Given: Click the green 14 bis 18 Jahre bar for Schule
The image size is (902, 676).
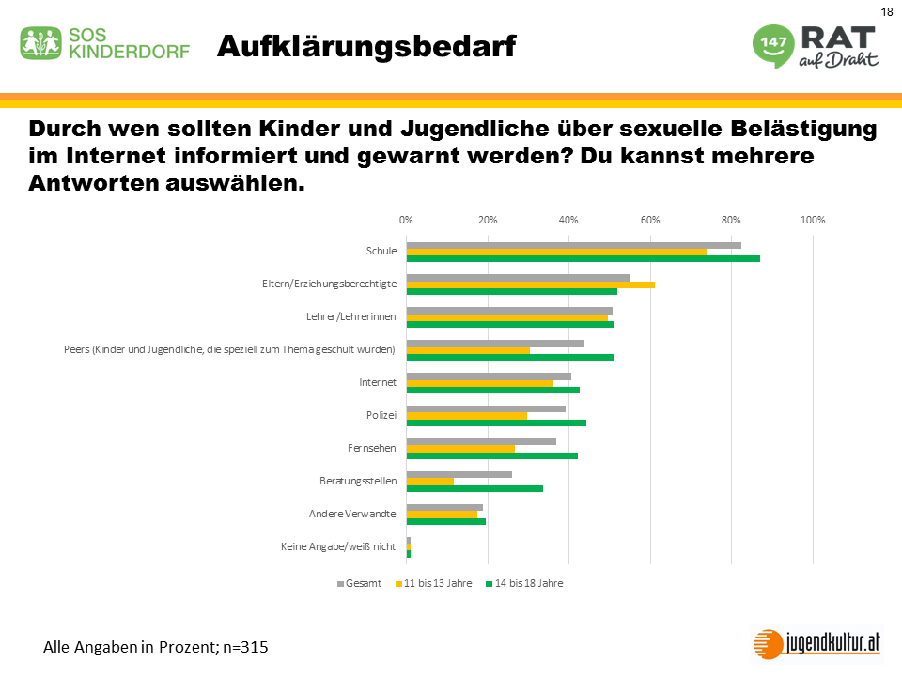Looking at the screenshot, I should point(583,258).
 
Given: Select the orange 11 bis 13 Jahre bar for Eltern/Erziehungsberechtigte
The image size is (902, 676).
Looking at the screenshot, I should point(530,284).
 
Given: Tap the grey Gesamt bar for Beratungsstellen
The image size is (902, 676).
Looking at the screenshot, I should point(459,474).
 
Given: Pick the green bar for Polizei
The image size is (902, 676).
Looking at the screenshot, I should point(496,422).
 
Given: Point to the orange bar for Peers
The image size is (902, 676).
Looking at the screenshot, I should point(468,350).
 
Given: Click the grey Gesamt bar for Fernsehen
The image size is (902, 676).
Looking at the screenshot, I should point(481,441).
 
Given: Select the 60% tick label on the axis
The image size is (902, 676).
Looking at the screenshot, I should point(650,220).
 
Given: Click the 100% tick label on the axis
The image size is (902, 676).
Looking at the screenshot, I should point(813,220).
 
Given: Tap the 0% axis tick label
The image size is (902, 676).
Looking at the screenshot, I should point(406,220).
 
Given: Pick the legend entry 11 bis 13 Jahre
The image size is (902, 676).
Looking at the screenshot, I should point(438,583).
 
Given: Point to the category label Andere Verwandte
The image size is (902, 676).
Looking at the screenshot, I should point(353,514).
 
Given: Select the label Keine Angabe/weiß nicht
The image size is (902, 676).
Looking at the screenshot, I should point(338,546).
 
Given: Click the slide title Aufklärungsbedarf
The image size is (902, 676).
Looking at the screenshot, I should point(365,45).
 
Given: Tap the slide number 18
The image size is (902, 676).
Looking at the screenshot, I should point(887,11).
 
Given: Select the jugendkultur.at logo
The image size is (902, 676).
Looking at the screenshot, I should point(817,643).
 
